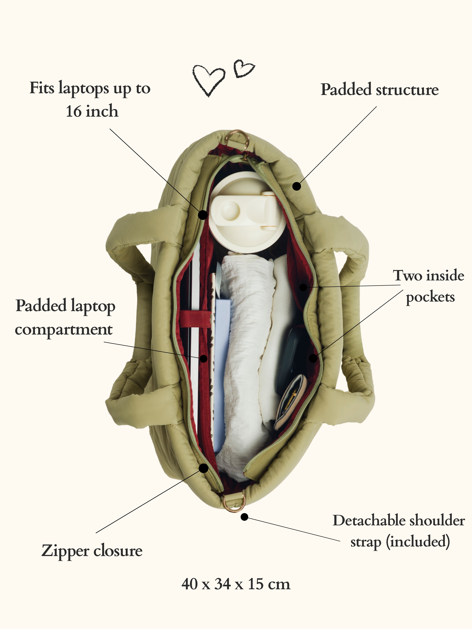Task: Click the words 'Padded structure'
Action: (379, 90)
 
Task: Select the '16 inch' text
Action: (92, 111)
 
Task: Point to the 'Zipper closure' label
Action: (92, 551)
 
